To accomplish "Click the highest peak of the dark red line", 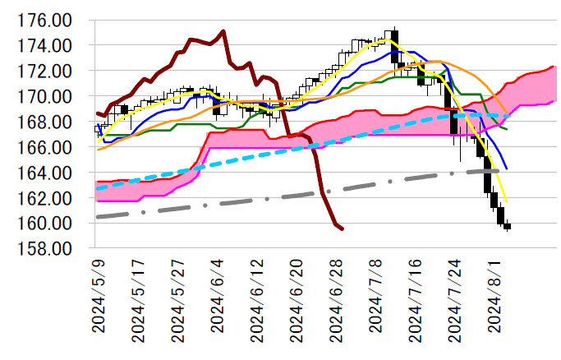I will [224, 31].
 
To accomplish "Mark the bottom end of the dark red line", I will [342, 228].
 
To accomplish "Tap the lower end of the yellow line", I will [506, 202].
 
